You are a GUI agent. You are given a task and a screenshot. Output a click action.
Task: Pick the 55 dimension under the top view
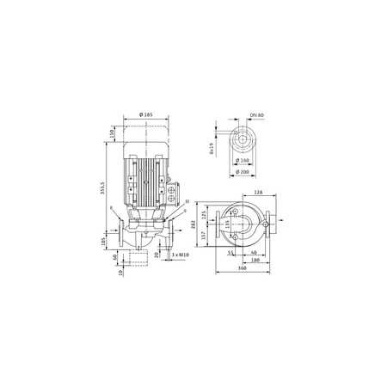pyautogui.click(x=231, y=255)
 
